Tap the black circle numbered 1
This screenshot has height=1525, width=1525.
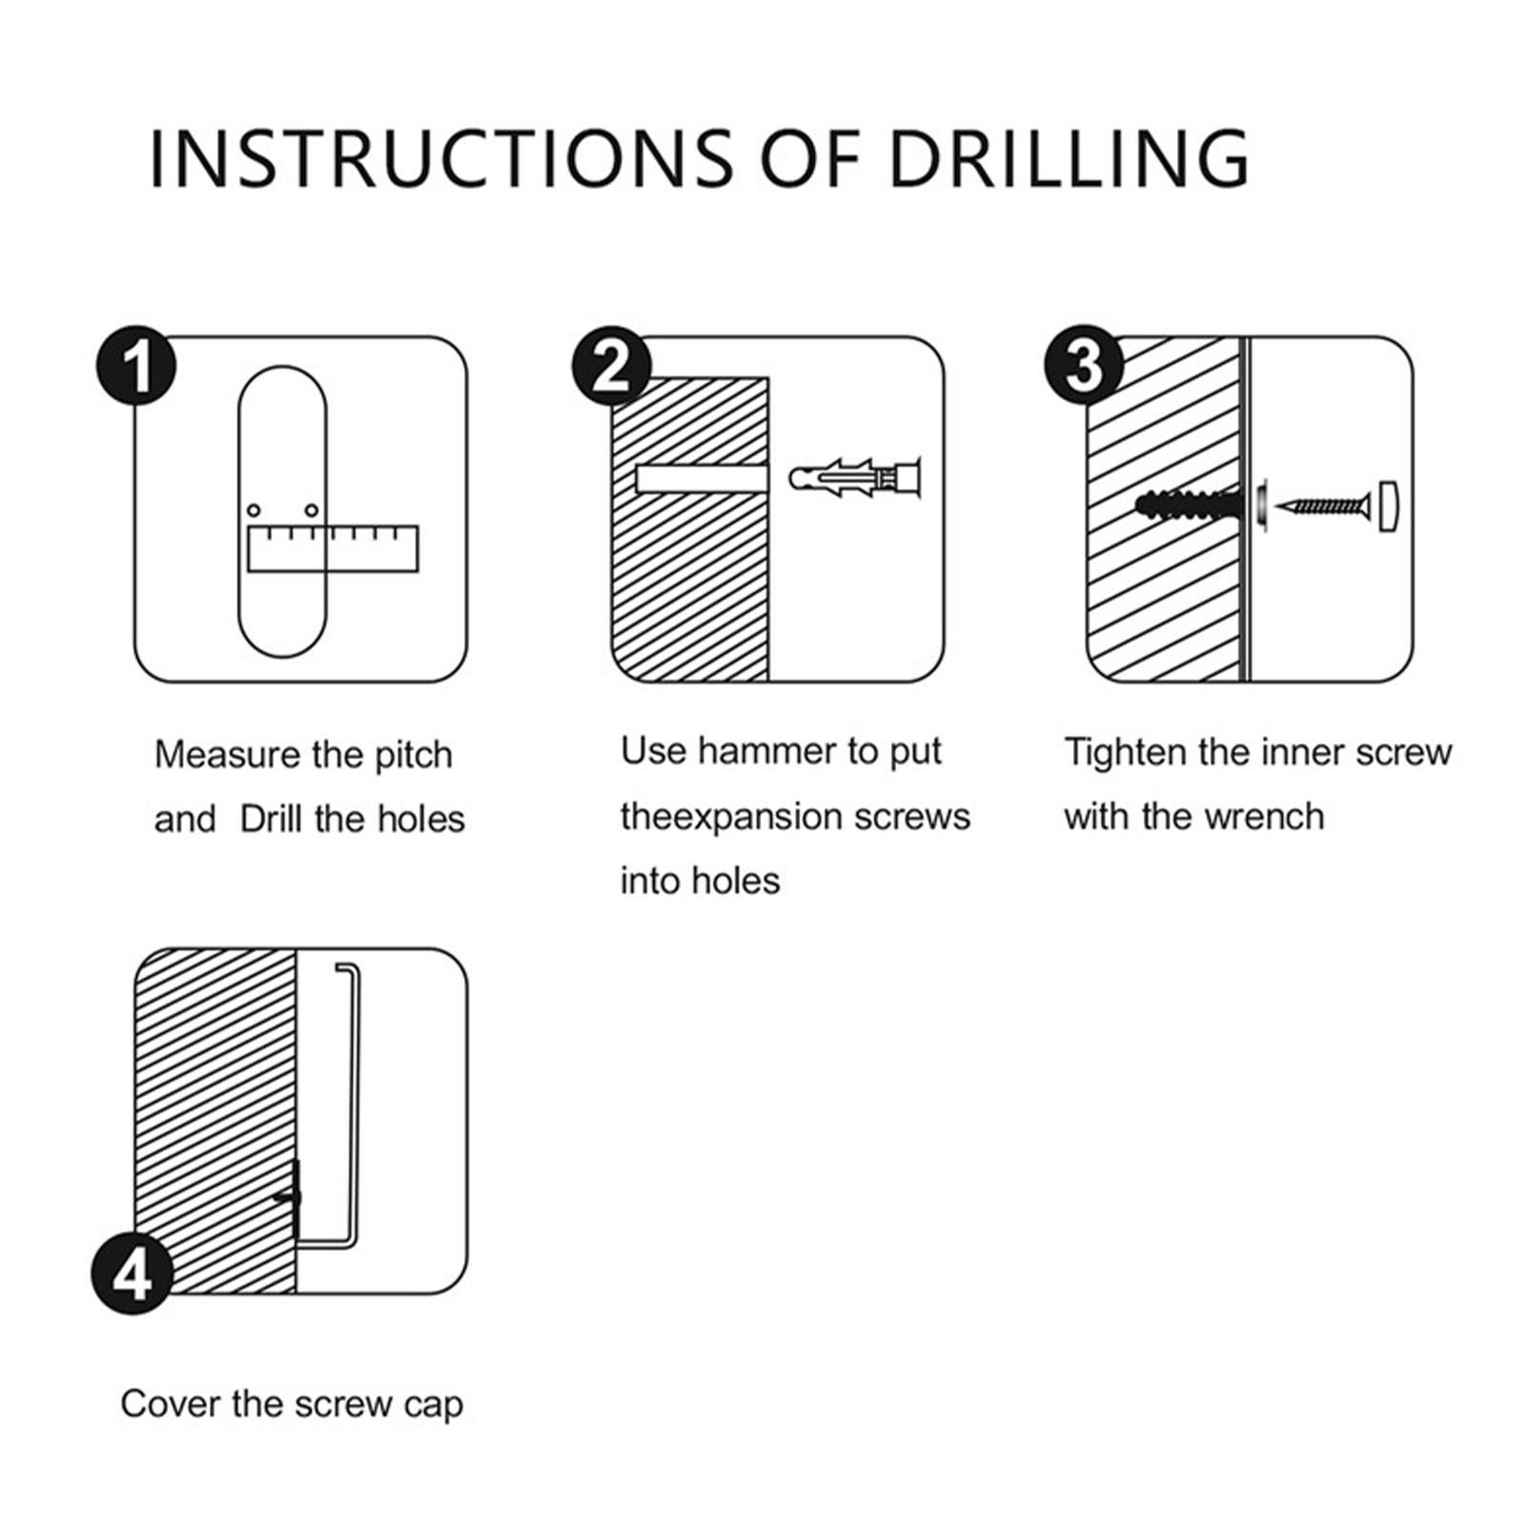(x=137, y=367)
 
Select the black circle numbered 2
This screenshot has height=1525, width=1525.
(x=612, y=367)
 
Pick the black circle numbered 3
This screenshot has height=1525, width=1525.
(x=1085, y=367)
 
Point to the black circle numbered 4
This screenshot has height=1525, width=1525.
(x=132, y=1274)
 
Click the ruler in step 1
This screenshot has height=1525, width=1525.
(x=333, y=548)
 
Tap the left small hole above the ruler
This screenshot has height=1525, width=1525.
(x=254, y=511)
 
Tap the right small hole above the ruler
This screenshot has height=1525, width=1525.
(x=311, y=511)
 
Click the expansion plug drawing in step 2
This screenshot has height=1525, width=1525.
(x=855, y=476)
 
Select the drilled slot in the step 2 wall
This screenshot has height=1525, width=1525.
(x=701, y=477)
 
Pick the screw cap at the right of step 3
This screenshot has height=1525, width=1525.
(x=1389, y=507)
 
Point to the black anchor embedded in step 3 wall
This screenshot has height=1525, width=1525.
(x=1189, y=503)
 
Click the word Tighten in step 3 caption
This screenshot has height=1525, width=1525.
(x=1126, y=753)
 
